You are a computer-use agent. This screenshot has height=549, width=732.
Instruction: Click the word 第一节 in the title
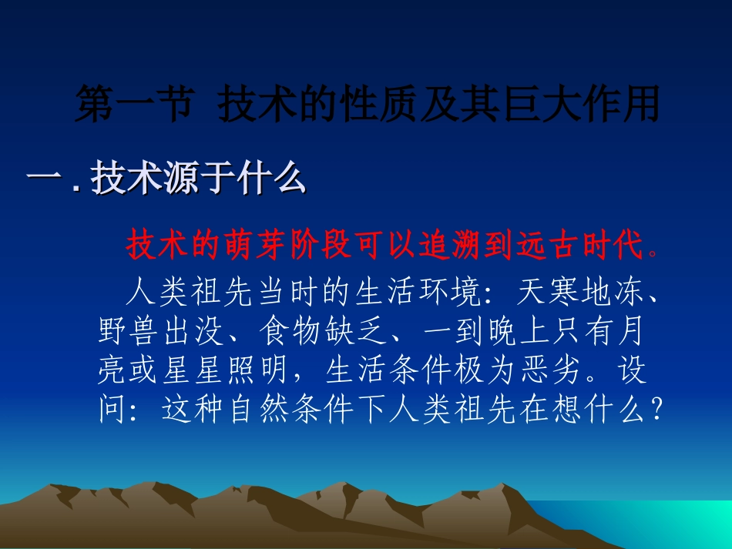tap(132, 105)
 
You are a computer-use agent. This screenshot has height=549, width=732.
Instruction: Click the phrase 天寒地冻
tap(578, 295)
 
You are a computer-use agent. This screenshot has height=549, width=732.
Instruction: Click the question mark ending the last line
tap(656, 410)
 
